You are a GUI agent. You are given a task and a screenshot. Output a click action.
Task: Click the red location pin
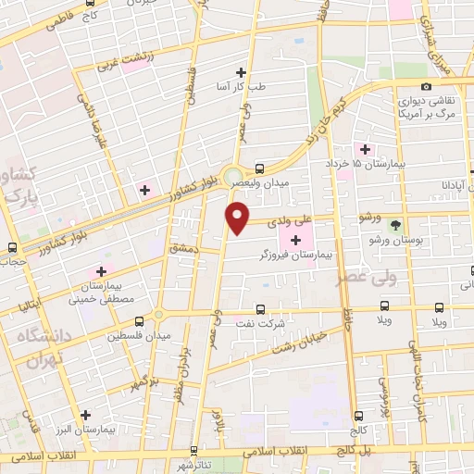[x=238, y=218]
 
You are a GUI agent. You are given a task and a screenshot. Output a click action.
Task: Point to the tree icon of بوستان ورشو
[x=396, y=225]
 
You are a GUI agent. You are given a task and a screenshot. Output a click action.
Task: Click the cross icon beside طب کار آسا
[x=241, y=72]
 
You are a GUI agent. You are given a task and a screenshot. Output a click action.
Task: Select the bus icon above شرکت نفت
[x=259, y=308]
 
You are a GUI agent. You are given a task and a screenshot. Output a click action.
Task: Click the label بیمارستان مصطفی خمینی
[x=103, y=293]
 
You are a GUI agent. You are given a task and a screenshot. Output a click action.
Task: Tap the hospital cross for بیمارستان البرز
[x=86, y=416]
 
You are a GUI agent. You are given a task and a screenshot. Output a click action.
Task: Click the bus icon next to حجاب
[x=13, y=247]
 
